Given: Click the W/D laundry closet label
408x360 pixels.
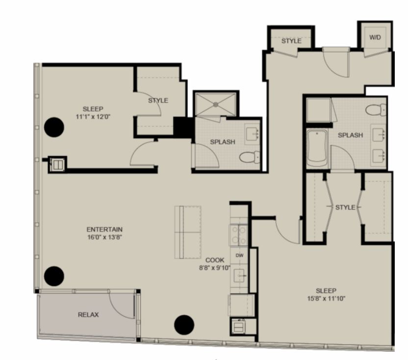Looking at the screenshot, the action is pos(375,37).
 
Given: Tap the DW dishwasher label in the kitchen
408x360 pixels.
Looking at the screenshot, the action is pos(239,256).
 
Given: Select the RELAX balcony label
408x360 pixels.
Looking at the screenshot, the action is pos(88,315).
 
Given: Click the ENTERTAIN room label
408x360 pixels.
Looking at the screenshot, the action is pos(104,230).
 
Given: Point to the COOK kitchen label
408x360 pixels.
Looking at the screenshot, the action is pos(215,260).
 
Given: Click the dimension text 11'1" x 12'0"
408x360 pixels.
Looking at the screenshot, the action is pos(93,117).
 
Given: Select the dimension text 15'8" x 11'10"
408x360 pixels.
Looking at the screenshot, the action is pos(326,298).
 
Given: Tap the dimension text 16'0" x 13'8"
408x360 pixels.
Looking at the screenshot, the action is pos(104,237).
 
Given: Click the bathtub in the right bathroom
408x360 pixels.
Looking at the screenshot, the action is pos(317,149).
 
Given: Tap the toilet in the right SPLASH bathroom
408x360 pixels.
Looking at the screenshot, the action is pos(376,110).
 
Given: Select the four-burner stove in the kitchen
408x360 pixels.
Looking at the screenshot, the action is pos(239,235).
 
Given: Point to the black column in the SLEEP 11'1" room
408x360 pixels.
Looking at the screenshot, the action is pos(54,128).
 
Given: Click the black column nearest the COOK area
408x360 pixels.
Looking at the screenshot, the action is pos(184,325).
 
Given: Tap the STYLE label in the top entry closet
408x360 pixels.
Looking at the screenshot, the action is pos(291,41).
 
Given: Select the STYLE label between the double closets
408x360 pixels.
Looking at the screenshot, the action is pos(345,207).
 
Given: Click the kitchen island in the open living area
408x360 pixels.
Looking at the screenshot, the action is pos(188,232).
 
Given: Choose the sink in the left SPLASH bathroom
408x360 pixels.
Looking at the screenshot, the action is pos(253,133).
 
